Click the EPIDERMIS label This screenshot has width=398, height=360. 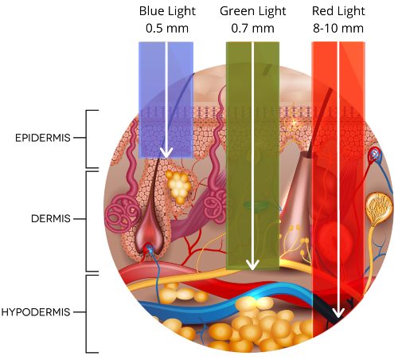43,138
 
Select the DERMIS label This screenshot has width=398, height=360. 51,219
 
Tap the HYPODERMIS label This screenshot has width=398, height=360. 36,312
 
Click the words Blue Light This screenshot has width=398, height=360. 167,11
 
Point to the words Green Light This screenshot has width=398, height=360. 253,11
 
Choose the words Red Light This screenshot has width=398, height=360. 338,11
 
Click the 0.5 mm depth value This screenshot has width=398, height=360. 167,29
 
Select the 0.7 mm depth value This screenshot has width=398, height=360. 252,29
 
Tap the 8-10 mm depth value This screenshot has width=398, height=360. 338,29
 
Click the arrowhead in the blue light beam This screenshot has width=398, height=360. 166,153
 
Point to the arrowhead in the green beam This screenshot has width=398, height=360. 252,265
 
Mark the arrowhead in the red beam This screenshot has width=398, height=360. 338,313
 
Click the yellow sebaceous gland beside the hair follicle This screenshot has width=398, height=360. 178,186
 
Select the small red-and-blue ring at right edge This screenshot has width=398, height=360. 375,154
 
